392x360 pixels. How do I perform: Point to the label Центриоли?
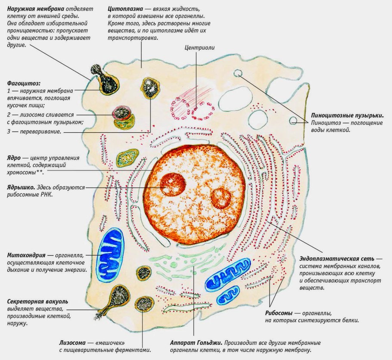[x=199, y=48]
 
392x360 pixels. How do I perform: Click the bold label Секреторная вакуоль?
[x=37, y=301]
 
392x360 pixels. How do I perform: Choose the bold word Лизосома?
[x=73, y=343]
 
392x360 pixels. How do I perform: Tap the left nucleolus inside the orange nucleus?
[x=173, y=185]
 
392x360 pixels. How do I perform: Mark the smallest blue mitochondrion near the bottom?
[x=228, y=295]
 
